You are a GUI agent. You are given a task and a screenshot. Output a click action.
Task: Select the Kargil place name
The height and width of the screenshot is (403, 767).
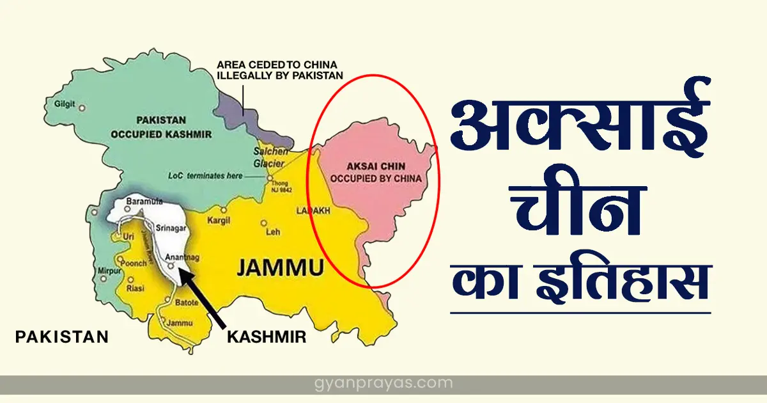pos(219,220)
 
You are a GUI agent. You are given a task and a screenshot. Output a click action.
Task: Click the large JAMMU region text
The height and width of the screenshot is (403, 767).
pos(281,267)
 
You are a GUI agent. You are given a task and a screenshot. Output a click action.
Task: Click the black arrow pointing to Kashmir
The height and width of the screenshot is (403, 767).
pos(204,297)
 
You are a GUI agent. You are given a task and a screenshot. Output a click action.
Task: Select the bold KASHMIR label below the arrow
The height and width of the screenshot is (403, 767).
pos(267,336)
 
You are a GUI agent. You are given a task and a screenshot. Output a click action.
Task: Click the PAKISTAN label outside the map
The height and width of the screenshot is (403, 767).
pos(62,336)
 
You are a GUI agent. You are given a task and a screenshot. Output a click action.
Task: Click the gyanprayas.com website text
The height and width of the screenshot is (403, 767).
pos(383,384)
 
